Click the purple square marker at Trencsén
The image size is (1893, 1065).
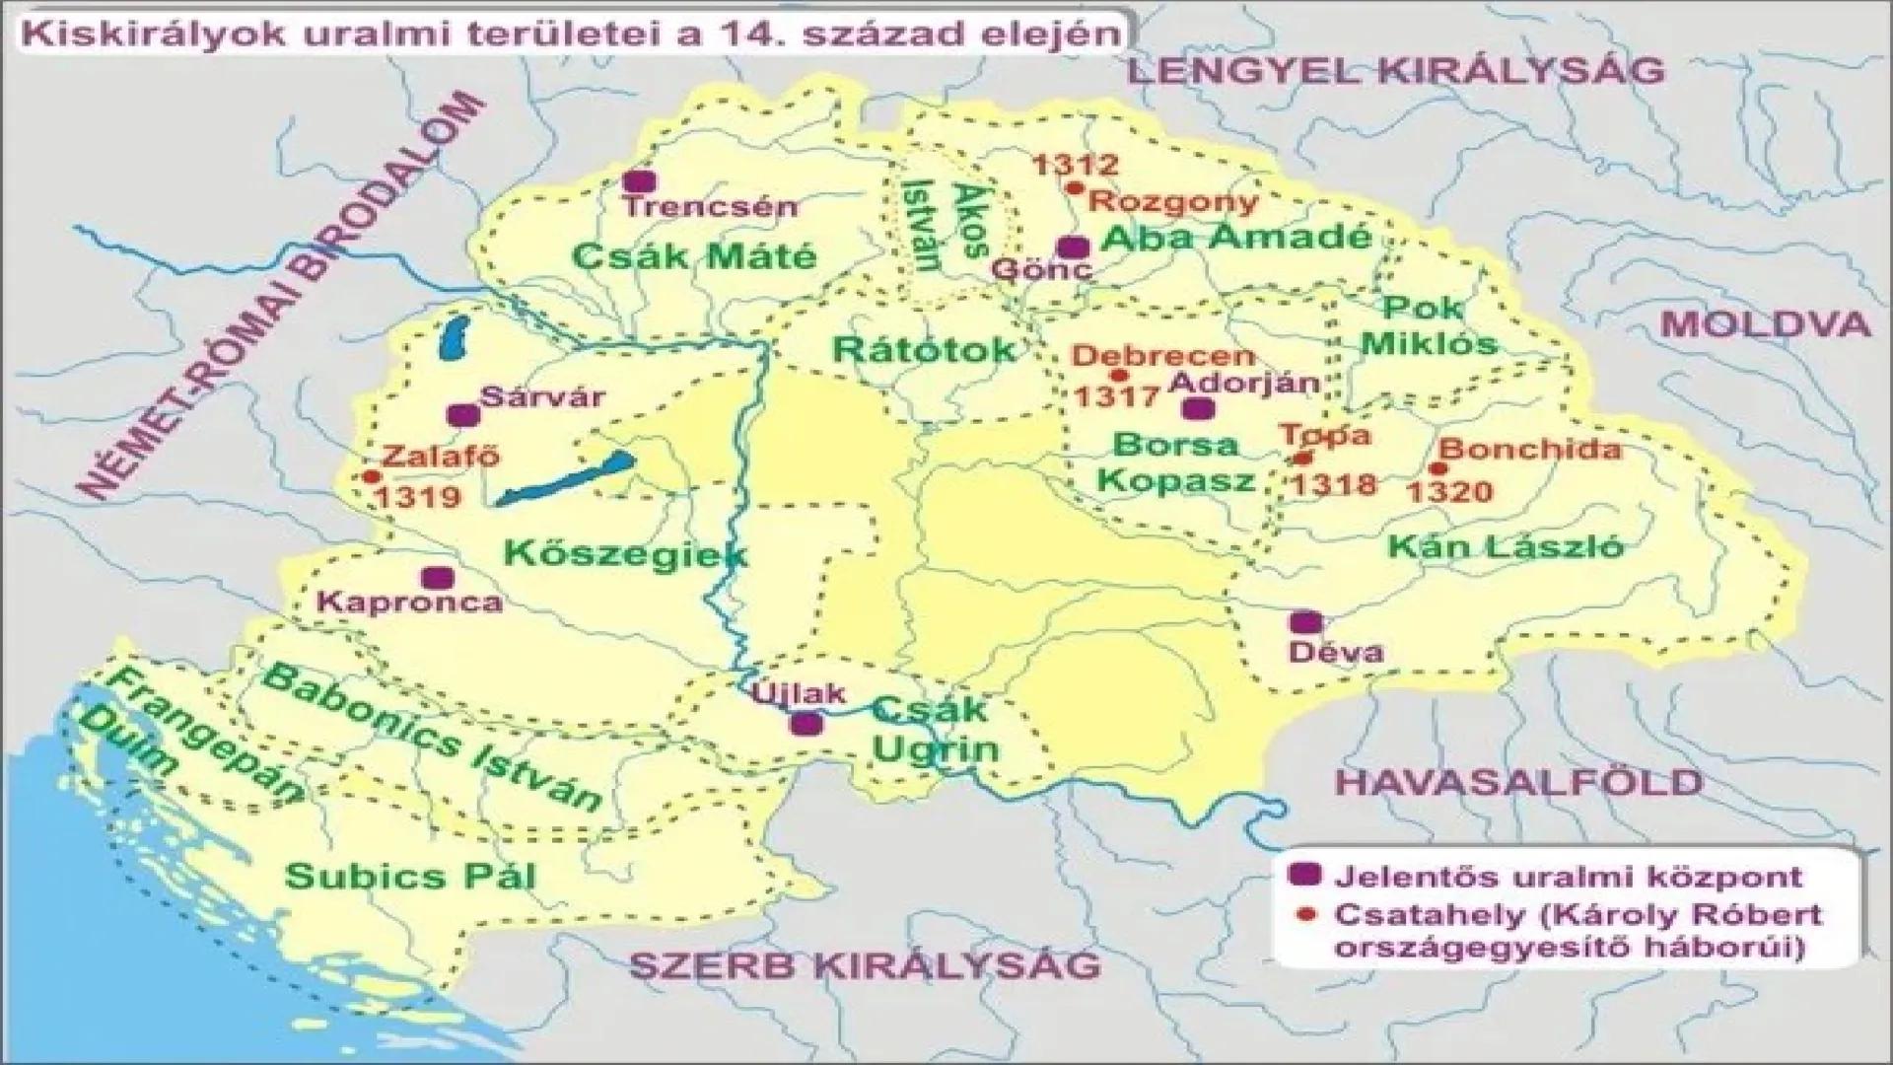(x=641, y=181)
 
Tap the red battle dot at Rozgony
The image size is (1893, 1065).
(x=1075, y=187)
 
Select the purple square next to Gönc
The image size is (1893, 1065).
(x=1071, y=247)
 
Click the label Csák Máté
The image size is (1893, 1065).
(x=695, y=256)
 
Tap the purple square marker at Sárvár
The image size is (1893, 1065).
(x=462, y=415)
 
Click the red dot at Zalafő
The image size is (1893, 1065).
(x=371, y=476)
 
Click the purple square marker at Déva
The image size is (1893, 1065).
(x=1305, y=622)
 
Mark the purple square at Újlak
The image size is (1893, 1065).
(x=806, y=724)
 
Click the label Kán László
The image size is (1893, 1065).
(x=1506, y=545)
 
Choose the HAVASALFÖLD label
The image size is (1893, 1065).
(x=1518, y=782)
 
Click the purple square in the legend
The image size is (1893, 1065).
(x=1307, y=875)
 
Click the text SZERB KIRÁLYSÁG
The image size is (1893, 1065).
(x=864, y=964)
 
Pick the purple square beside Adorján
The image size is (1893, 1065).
(x=1198, y=409)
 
